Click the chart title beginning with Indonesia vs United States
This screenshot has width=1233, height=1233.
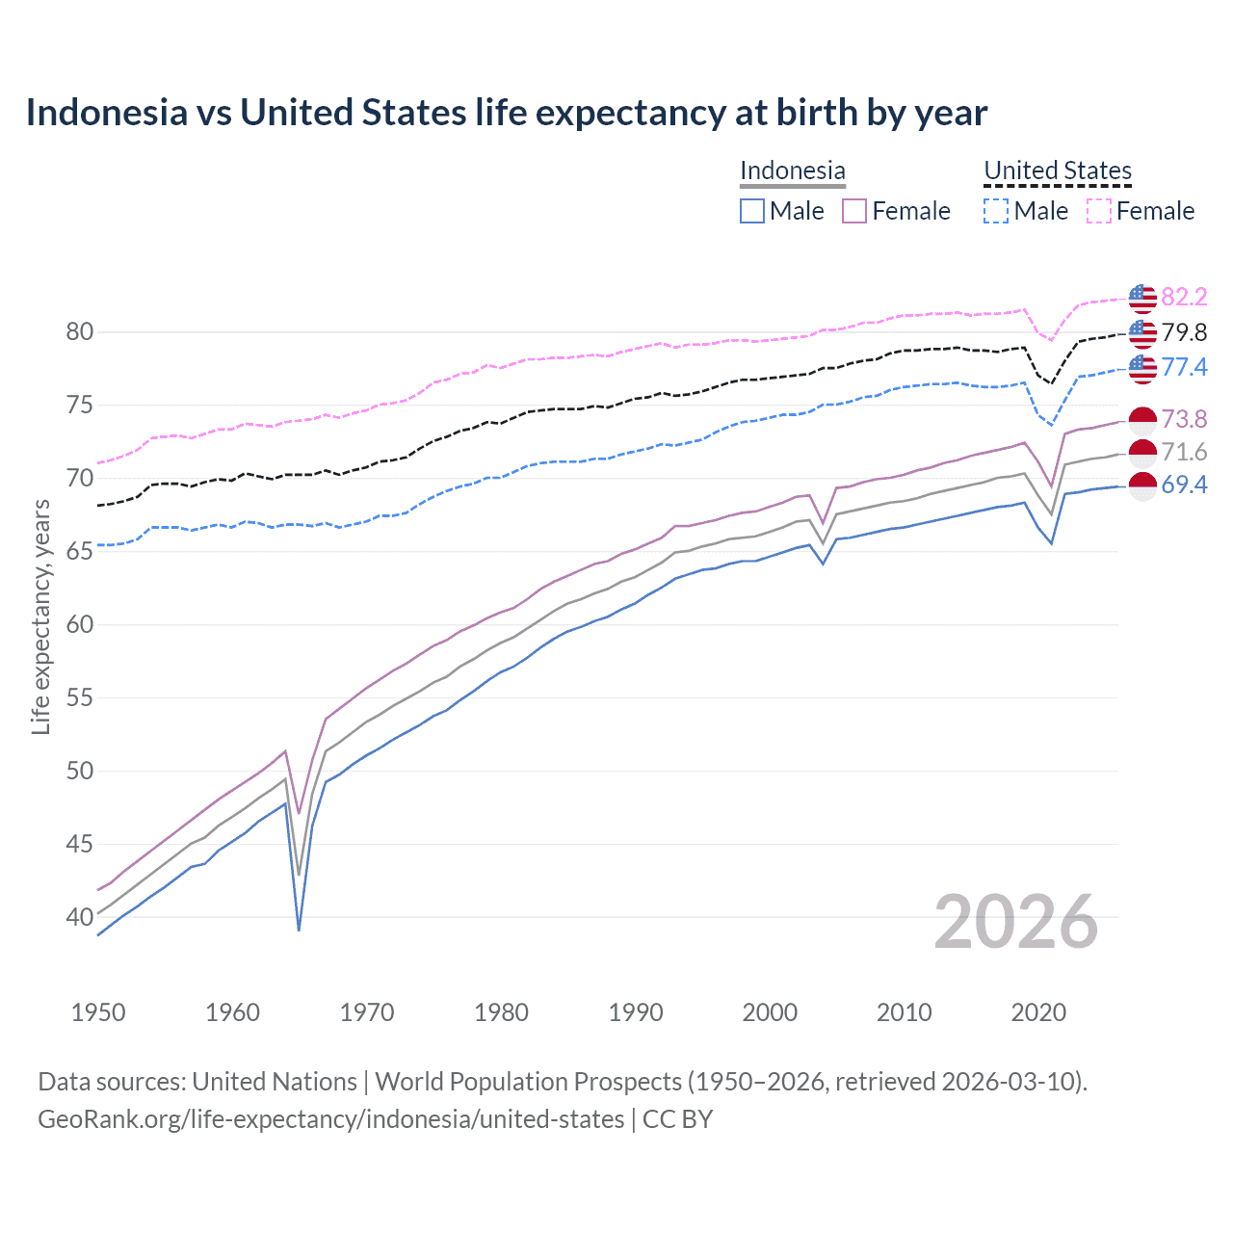click(x=507, y=113)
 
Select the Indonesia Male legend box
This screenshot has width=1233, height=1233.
click(x=752, y=211)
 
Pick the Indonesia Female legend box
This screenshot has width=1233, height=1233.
click(x=854, y=211)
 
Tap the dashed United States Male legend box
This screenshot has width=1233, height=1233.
click(x=996, y=211)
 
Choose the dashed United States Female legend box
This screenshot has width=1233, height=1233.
click(x=1099, y=211)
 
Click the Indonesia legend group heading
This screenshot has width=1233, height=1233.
click(x=792, y=171)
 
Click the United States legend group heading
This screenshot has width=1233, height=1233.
click(x=1057, y=171)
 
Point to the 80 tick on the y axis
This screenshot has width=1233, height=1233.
click(x=80, y=332)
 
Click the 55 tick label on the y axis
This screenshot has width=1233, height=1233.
click(x=80, y=697)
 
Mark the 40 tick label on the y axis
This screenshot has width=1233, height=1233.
click(x=80, y=917)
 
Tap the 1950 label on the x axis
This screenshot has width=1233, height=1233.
click(x=98, y=1012)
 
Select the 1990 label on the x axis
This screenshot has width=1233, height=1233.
click(x=636, y=1012)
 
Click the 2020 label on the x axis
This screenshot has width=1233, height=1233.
click(x=1038, y=1012)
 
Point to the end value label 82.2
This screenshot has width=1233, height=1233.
click(x=1184, y=297)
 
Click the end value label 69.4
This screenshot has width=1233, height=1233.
click(x=1184, y=485)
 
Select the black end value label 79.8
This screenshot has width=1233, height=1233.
click(x=1184, y=333)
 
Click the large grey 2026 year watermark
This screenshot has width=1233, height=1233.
click(x=1016, y=922)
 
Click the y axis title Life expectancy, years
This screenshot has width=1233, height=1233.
click(x=41, y=616)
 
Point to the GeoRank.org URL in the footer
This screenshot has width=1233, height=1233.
click(x=330, y=1119)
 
